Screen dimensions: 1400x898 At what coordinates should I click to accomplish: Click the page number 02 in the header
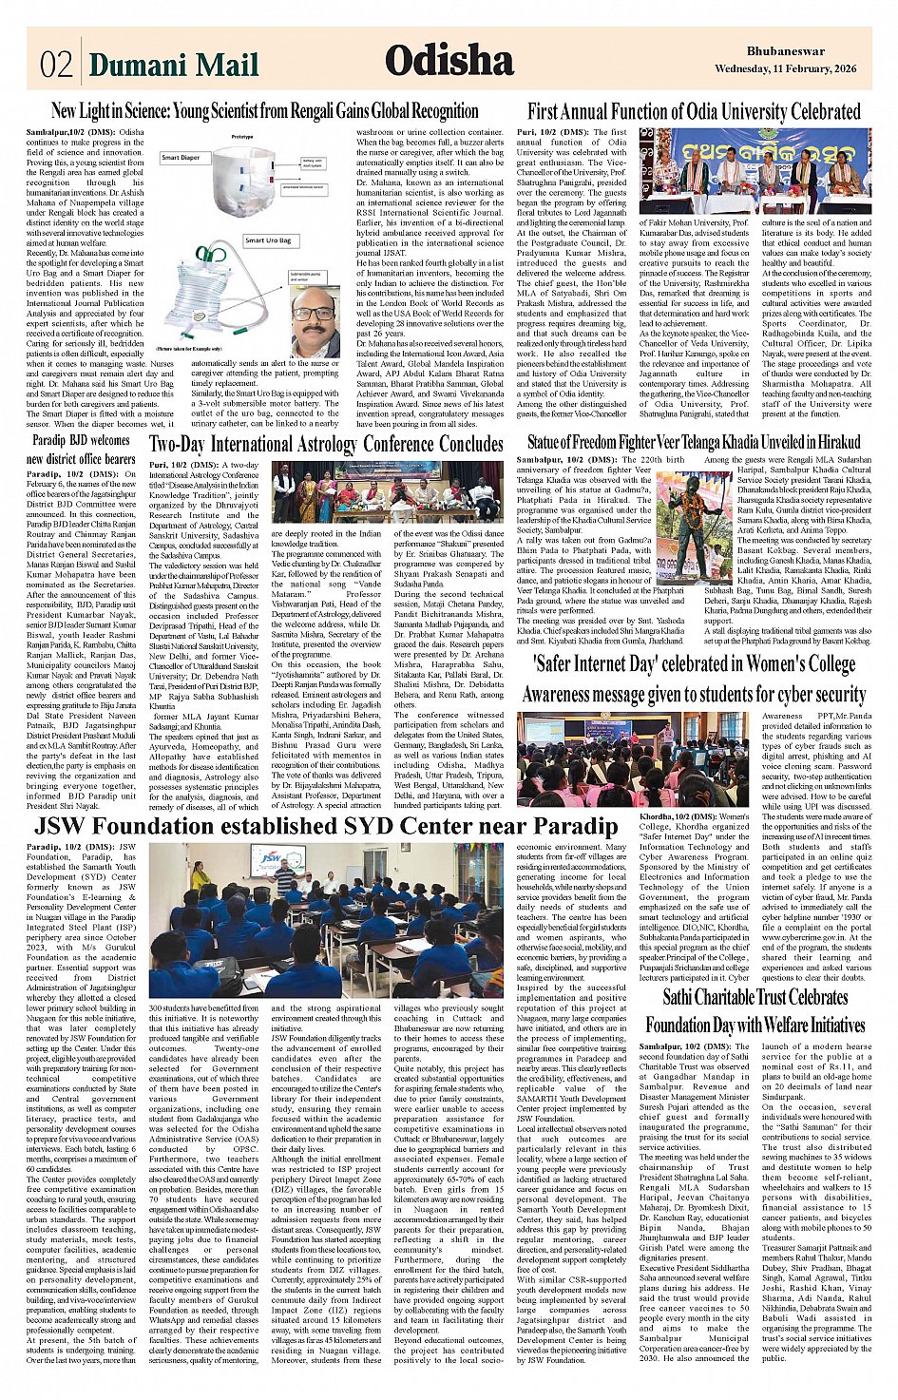click(56, 64)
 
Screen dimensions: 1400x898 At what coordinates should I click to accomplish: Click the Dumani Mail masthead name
click(173, 64)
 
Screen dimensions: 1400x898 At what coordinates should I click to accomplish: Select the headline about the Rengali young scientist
click(265, 111)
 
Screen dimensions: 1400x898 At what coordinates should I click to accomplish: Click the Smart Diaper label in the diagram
click(181, 158)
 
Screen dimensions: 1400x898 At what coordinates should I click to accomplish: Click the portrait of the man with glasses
click(315, 321)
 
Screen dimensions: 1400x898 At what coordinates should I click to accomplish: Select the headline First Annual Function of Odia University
click(694, 111)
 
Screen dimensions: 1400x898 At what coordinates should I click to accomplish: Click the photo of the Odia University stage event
click(755, 171)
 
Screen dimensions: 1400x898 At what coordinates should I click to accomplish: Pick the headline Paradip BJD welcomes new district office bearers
click(82, 450)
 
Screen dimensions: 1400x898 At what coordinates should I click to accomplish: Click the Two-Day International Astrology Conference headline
click(326, 444)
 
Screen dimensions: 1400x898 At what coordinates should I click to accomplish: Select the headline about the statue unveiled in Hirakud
click(694, 442)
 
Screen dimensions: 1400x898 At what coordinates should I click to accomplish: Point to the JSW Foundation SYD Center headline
click(326, 825)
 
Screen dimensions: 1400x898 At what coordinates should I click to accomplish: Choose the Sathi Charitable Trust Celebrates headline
click(755, 1010)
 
